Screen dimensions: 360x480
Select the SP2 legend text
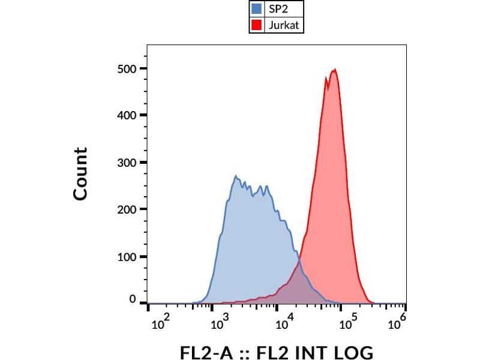[278, 9]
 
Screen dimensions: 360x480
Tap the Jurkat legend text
[284, 25]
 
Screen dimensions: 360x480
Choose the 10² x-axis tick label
[160, 324]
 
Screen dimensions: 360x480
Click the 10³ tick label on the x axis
[221, 324]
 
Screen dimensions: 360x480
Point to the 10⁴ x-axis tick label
[283, 324]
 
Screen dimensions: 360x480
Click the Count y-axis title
[80, 174]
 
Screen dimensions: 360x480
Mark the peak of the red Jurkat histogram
[334, 70]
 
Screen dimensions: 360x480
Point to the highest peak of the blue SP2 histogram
[236, 176]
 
